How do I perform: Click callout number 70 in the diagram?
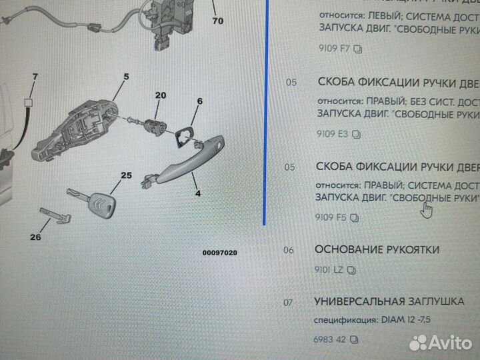217,21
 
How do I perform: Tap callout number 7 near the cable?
35,78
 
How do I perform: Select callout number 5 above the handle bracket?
125,77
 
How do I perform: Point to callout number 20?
159,95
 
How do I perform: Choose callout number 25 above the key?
127,176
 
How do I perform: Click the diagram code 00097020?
220,253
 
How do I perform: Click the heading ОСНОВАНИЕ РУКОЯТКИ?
377,249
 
